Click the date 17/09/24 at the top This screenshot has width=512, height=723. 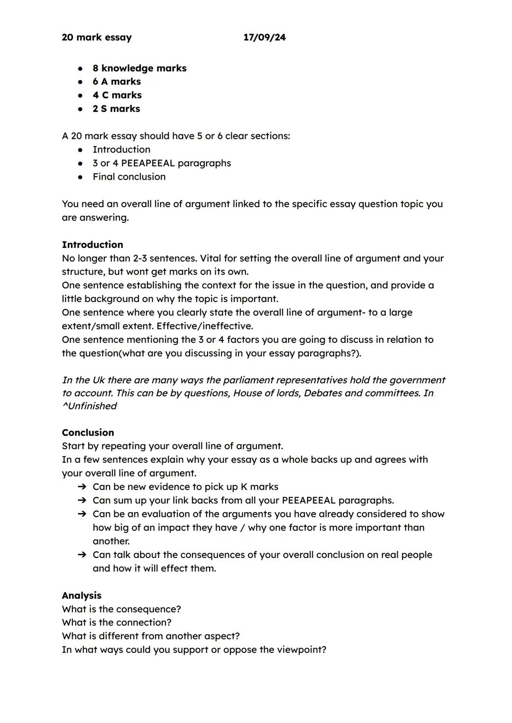point(265,37)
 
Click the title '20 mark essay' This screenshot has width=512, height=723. point(97,37)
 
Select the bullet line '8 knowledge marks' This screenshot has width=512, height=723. point(139,68)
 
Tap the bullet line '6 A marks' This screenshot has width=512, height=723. point(117,82)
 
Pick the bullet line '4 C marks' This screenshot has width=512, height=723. point(117,95)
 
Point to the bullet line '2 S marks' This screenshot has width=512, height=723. point(116,109)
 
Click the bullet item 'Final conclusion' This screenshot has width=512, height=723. point(129,177)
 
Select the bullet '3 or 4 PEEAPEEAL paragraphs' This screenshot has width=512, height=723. point(162,163)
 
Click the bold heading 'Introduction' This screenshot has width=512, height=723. point(92,245)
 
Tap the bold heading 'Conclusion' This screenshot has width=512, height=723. point(88,432)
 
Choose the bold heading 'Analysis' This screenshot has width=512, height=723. point(82,595)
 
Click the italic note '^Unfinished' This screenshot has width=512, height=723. point(89,406)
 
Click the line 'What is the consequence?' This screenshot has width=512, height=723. point(121,609)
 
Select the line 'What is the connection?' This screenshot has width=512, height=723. point(117,622)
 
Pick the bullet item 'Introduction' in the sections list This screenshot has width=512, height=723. point(121,150)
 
